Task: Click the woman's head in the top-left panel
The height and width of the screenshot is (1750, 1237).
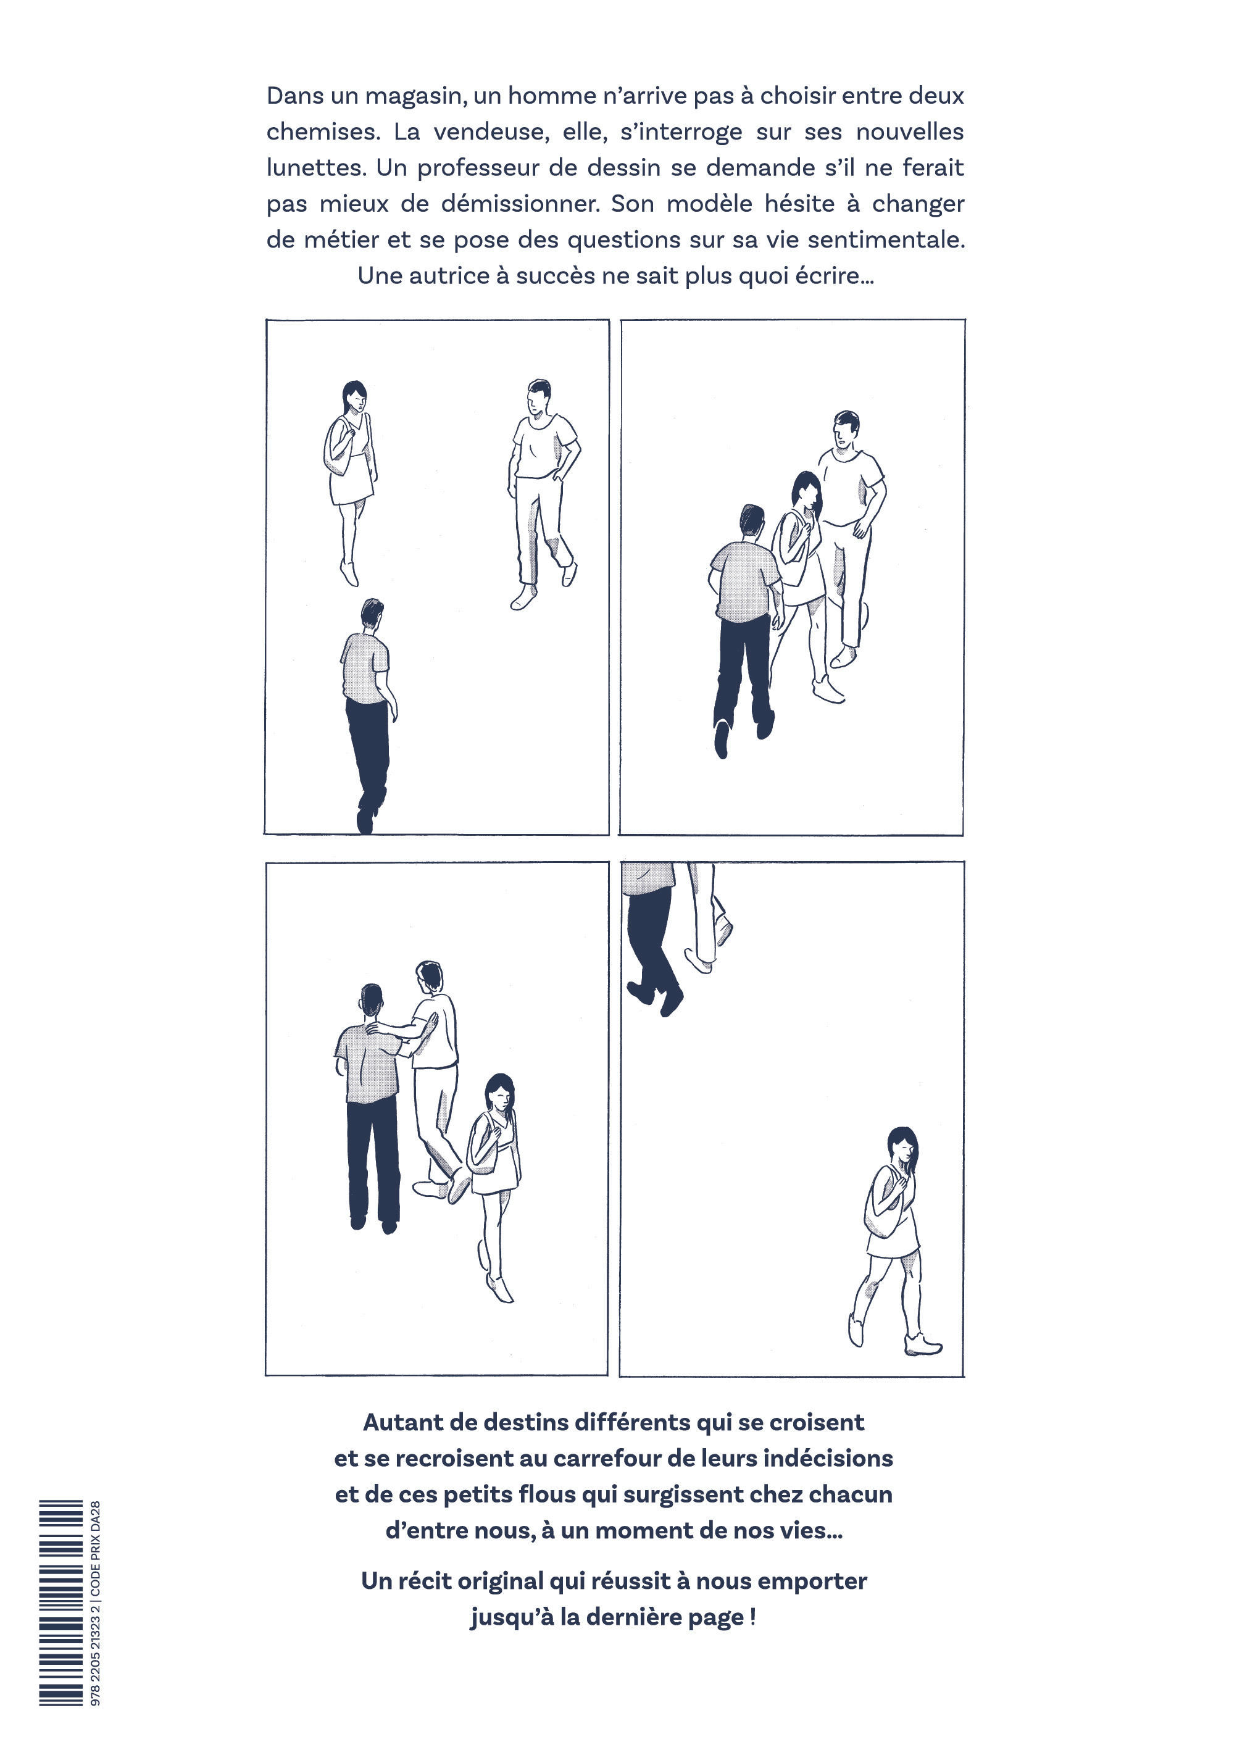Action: point(354,396)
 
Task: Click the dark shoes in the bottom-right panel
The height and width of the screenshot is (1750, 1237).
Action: point(656,997)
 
